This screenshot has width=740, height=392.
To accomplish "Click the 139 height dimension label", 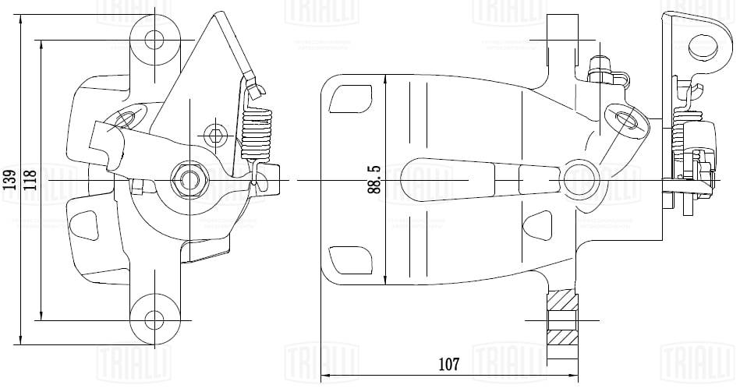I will click(9, 180).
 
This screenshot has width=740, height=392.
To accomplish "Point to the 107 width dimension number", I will click(448, 364).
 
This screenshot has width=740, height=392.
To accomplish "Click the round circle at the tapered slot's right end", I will click(579, 178).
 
